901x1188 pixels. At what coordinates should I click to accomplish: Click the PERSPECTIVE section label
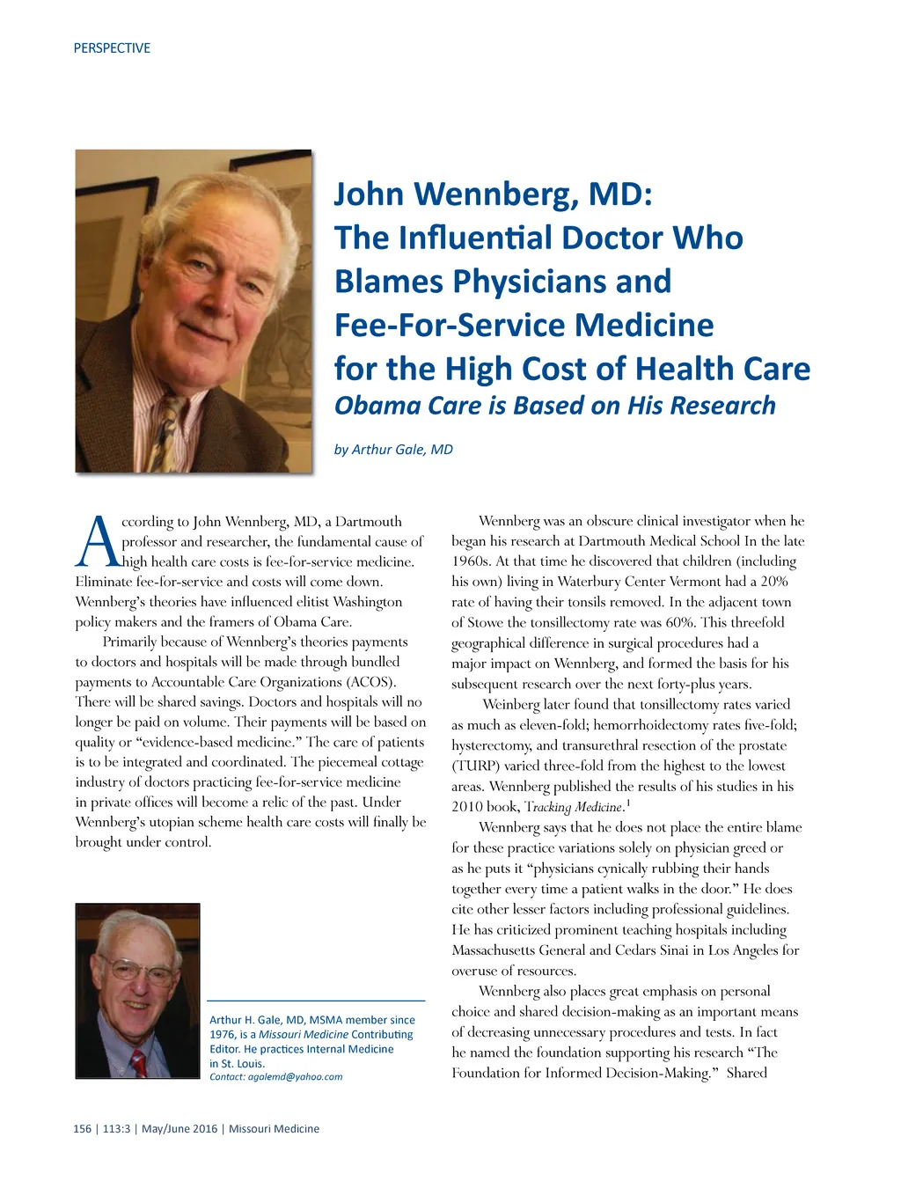tap(112, 48)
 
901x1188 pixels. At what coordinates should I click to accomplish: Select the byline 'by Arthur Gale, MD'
tap(393, 450)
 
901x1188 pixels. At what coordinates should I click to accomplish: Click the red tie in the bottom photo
tap(138, 1063)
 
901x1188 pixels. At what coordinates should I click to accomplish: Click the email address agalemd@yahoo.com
tap(295, 1076)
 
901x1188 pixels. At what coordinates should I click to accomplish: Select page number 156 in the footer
tap(82, 1129)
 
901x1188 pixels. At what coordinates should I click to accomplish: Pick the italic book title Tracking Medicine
tap(574, 807)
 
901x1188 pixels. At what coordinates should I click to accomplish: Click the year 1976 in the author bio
tap(223, 1035)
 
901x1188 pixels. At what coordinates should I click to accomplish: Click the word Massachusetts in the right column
tap(505, 950)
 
